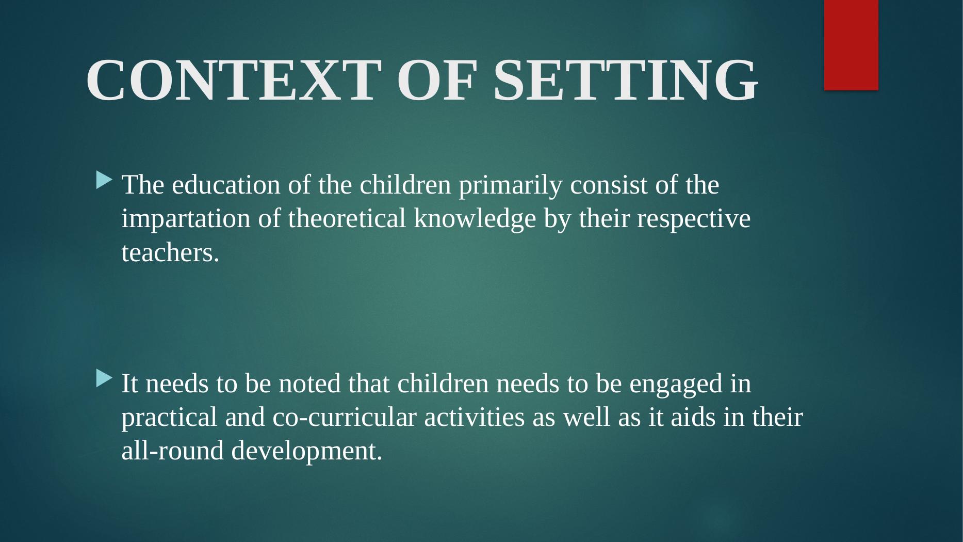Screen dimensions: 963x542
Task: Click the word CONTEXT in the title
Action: tap(231, 80)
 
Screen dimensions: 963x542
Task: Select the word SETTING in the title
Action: tap(626, 80)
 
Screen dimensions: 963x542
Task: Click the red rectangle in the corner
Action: tap(851, 45)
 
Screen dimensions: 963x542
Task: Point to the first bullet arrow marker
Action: tap(103, 181)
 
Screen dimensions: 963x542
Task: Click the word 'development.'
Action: tap(307, 452)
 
